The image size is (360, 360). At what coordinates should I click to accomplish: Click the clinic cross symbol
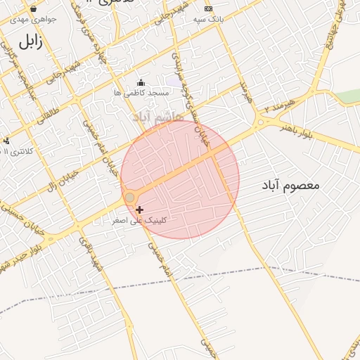point(140,210)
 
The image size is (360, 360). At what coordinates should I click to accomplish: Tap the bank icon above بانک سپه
point(207,8)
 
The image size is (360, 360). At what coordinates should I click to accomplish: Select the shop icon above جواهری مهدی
point(34,8)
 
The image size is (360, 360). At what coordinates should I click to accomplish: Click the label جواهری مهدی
point(34,19)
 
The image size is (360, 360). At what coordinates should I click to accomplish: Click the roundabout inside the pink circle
point(130,198)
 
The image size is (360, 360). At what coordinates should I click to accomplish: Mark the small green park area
point(347,96)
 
